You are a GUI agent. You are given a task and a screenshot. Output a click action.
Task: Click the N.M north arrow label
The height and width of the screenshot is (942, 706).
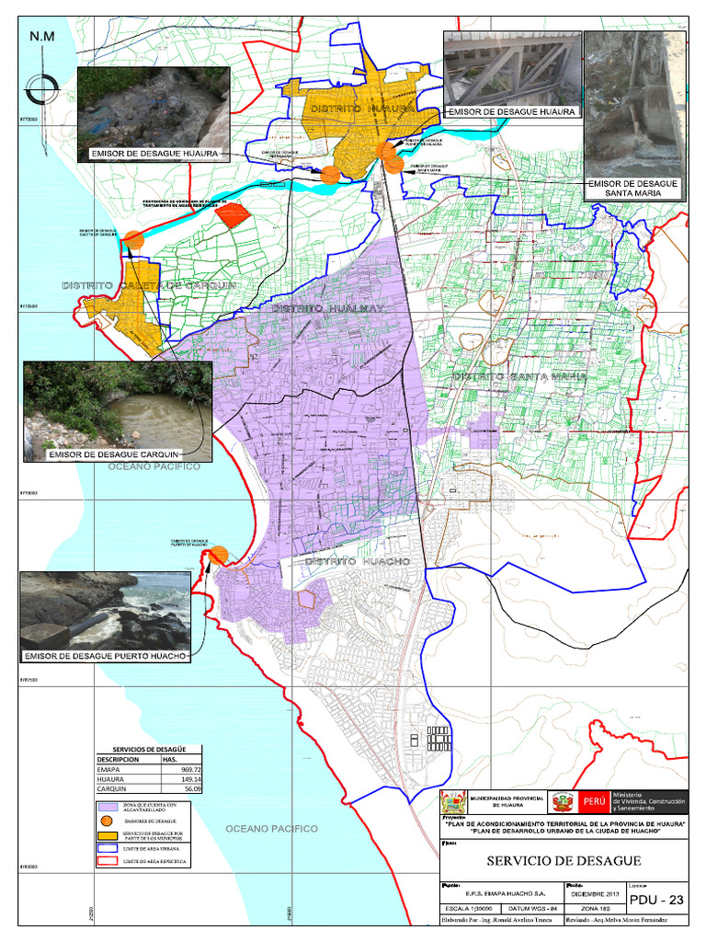click(42, 36)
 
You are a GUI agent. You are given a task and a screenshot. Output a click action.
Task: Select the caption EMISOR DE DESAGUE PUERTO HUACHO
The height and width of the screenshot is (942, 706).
click(106, 656)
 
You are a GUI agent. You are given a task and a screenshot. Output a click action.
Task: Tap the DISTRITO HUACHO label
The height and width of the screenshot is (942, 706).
click(357, 560)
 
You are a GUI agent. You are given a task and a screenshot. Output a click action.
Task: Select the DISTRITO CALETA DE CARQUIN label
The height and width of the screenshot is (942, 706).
click(149, 286)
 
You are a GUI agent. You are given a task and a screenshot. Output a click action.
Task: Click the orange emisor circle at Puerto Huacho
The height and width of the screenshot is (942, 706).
click(219, 554)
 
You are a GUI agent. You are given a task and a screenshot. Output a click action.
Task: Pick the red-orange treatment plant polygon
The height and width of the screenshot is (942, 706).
click(233, 214)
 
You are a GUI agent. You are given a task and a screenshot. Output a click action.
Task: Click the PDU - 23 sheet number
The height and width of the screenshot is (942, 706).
click(657, 900)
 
